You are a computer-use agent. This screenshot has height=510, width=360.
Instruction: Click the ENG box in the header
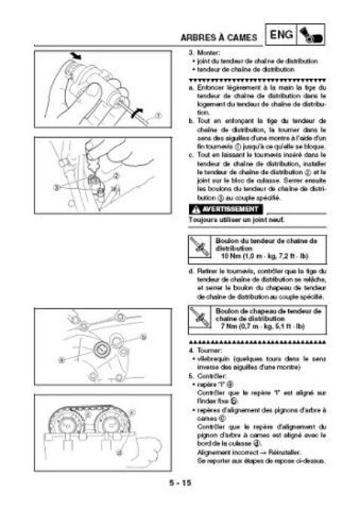pyautogui.click(x=280, y=35)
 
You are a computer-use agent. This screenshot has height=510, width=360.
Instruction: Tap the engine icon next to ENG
pyautogui.click(x=310, y=35)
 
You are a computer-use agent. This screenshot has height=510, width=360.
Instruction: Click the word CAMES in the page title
pyautogui.click(x=244, y=36)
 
